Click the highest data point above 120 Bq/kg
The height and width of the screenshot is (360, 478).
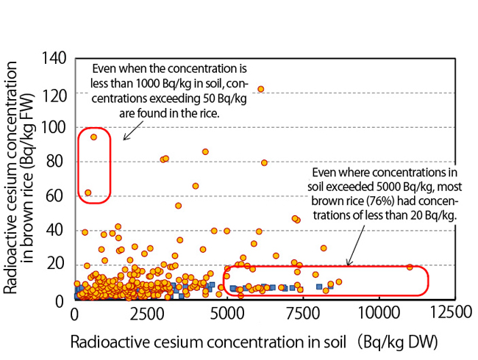click(260, 89)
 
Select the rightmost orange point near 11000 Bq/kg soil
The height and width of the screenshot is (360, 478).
click(410, 267)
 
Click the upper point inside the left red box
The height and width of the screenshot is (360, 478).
click(93, 137)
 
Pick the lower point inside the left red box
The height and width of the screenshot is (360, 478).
click(88, 192)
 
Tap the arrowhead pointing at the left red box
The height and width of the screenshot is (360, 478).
click(124, 137)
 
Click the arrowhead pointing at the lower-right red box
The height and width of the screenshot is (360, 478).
click(348, 264)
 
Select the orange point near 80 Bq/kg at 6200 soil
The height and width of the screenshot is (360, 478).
click(264, 162)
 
